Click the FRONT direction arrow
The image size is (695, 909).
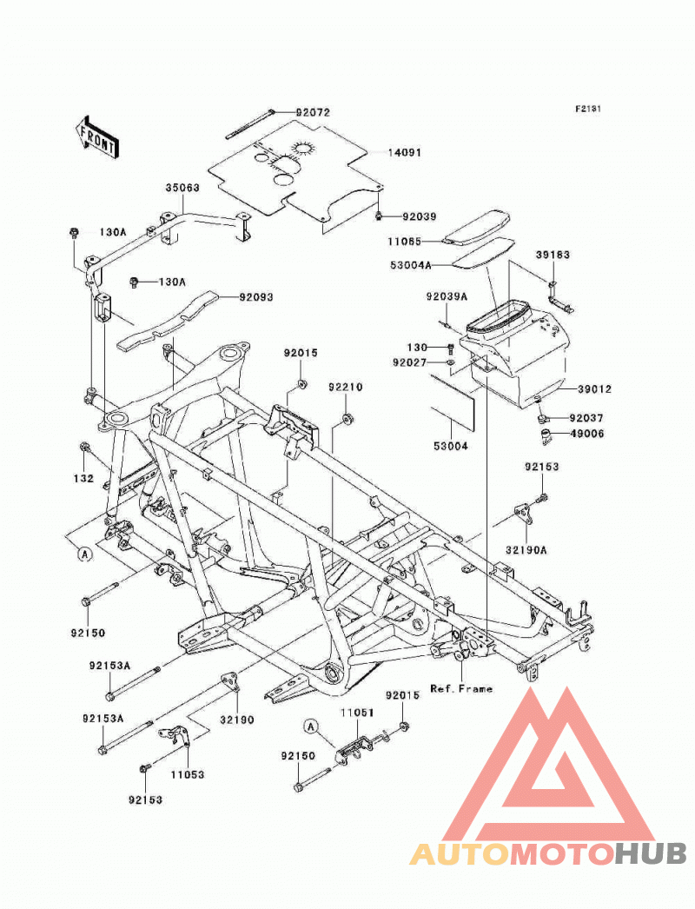pos(96,138)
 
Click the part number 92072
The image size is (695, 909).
pos(313,112)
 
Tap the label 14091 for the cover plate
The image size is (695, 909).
pos(405,152)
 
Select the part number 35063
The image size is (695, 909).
pos(182,188)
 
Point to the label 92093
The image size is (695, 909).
pos(256,297)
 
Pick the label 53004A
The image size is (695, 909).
pos(411,266)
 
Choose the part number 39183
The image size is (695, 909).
pos(553,255)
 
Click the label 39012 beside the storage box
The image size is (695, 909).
pos(594,389)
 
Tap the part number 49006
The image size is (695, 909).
pos(586,433)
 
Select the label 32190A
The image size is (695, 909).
pos(526,549)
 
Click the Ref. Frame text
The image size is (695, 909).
pos(461,689)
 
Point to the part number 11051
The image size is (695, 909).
pos(357,713)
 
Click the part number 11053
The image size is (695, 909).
pos(188,774)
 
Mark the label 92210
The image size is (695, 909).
pos(346,387)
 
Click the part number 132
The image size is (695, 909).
pos(83,478)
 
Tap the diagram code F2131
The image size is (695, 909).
pos(588,109)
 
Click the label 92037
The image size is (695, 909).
pos(586,417)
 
